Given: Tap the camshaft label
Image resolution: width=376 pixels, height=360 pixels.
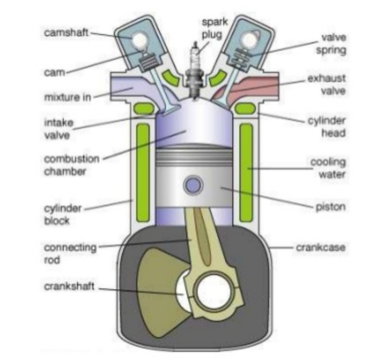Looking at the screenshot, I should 66,33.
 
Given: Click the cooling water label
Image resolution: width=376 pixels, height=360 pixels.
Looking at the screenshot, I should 327,168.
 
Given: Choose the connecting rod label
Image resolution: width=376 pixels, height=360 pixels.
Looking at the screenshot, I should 70,253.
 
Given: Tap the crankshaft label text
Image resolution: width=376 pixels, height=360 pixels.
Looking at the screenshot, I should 69,287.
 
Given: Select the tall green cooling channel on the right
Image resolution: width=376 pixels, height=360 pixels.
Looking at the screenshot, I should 246,171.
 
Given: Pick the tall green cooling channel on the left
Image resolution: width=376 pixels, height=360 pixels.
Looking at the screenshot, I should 143,171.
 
